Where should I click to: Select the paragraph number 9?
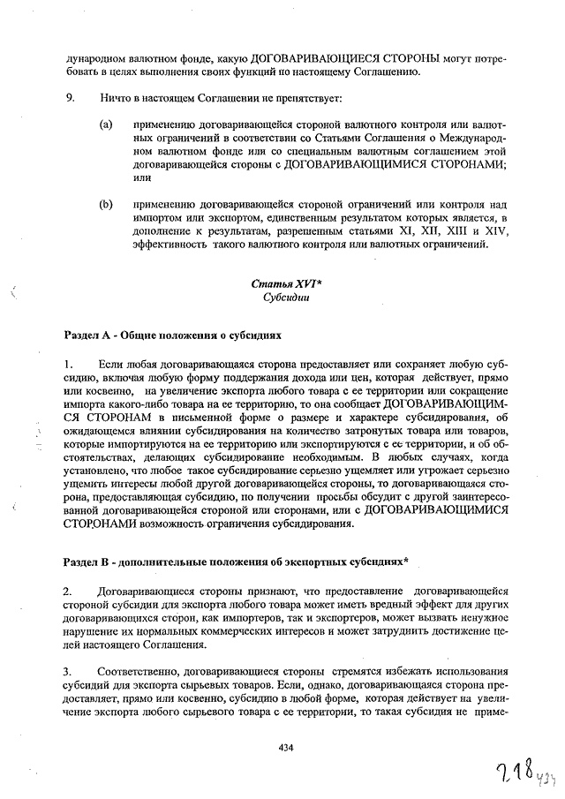tap(69, 95)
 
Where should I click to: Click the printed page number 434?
tap(284, 747)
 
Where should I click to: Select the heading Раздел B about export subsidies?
tap(237, 562)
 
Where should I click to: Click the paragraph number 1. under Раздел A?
tap(69, 364)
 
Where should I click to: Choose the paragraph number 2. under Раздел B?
tap(69, 589)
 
